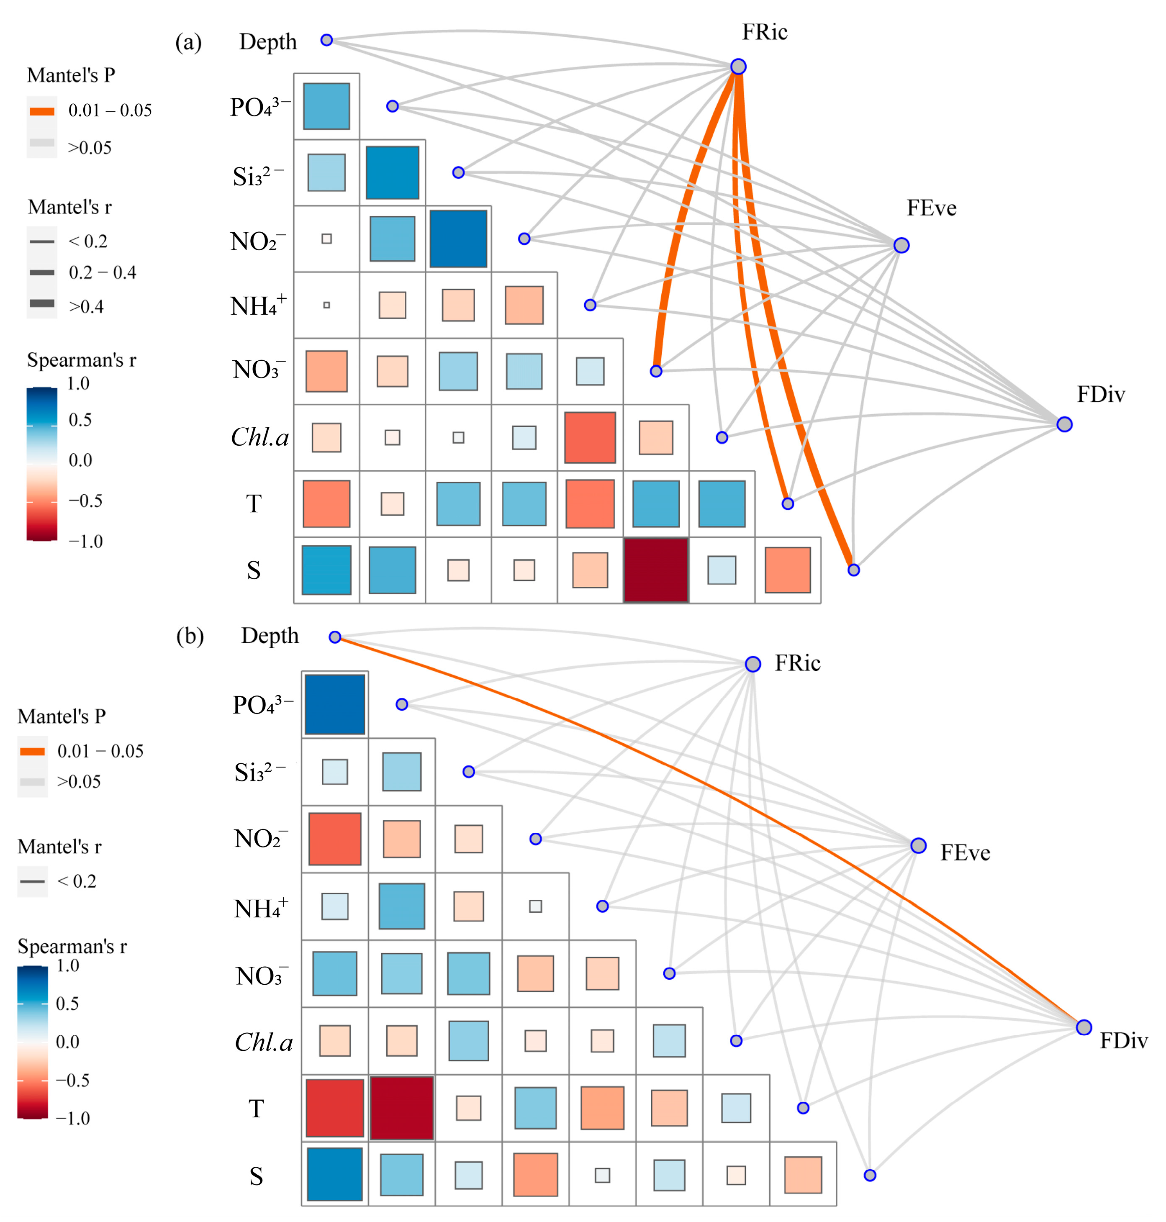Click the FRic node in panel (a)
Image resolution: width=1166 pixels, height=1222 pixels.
point(738,67)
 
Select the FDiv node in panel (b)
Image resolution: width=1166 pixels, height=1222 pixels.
point(1084,1027)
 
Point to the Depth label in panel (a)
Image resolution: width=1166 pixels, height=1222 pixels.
point(268,42)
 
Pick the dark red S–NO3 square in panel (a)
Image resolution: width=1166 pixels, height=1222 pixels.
point(656,570)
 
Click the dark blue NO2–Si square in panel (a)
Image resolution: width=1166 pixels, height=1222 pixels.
point(458,239)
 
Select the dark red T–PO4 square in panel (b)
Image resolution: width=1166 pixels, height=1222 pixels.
point(401,1108)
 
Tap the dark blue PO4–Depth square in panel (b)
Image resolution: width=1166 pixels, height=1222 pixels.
point(334,704)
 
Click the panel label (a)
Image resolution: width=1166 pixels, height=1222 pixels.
point(188,42)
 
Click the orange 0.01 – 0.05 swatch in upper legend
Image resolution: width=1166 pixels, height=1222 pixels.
point(42,111)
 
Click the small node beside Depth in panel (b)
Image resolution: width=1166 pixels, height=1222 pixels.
point(335,637)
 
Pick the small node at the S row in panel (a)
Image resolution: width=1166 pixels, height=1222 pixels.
point(853,570)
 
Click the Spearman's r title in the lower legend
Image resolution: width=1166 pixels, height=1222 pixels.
point(72,946)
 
